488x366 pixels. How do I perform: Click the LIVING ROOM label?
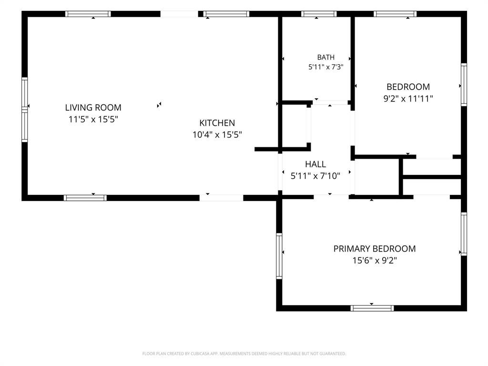93,108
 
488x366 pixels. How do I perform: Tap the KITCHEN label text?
217,123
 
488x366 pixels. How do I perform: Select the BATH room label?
326,57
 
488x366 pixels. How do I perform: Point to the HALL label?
315,164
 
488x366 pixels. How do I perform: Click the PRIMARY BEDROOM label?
375,249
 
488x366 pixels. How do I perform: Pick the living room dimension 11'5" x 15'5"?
93,119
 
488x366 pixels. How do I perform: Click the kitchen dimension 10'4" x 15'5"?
217,135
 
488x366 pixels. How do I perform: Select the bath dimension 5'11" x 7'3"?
326,67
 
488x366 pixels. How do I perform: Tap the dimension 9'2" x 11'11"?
408,99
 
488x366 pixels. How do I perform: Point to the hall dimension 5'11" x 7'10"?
315,176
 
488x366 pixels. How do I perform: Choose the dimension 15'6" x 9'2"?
375,260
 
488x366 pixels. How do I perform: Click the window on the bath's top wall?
319,14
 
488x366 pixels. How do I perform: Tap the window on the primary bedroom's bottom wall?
372,308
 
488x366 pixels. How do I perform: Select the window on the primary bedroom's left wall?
279,256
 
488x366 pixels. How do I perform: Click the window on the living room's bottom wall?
85,198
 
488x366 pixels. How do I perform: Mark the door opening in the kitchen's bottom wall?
221,198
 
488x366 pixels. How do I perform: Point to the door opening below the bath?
330,103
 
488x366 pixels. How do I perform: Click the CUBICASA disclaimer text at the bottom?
244,354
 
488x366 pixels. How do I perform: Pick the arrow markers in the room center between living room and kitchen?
159,105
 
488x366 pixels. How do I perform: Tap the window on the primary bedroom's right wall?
464,234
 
